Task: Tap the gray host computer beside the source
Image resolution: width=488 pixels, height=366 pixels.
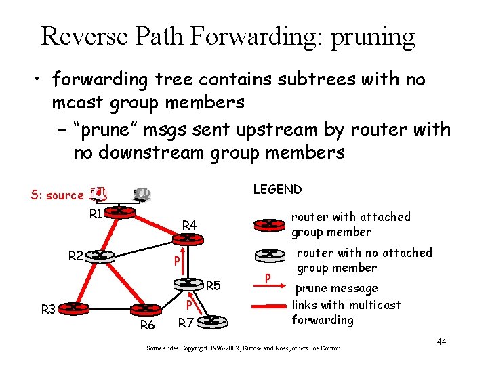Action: click(x=142, y=194)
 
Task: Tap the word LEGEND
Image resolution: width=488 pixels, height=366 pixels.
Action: click(x=277, y=190)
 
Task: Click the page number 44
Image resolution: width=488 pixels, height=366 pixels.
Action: click(x=441, y=341)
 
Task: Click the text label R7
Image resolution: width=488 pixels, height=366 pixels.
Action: click(x=186, y=323)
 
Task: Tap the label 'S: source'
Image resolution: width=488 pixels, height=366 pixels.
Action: click(x=57, y=195)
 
